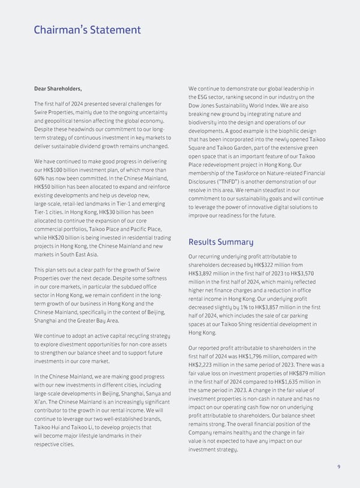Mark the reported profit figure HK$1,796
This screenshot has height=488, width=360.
click(x=264, y=358)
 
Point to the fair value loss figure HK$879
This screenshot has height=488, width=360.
click(x=297, y=375)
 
